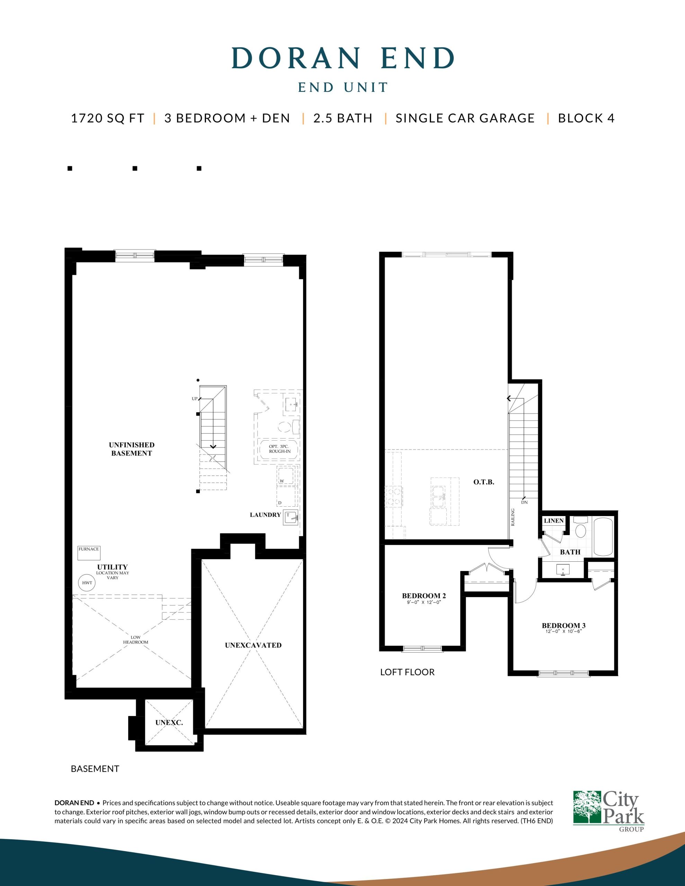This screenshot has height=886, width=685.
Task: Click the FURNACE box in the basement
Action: click(89, 553)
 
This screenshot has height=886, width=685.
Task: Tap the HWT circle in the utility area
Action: click(87, 583)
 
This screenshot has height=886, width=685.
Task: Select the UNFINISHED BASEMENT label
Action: click(132, 449)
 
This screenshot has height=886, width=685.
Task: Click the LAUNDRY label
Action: click(265, 515)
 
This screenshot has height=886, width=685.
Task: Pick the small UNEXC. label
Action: click(169, 723)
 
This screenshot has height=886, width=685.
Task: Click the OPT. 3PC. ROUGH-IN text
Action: click(280, 449)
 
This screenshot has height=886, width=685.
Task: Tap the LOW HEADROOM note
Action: click(136, 640)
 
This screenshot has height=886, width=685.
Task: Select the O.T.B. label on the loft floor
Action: click(483, 482)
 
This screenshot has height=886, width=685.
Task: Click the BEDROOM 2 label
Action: click(424, 596)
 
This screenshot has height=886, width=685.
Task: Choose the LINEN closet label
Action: click(554, 521)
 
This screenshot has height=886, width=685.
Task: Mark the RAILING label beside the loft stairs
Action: click(513, 517)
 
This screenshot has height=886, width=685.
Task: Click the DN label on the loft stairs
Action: click(524, 502)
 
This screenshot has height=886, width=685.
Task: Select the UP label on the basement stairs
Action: click(195, 399)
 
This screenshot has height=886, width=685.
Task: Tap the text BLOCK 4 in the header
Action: click(586, 118)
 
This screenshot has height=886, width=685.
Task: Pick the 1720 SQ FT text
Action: click(108, 118)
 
